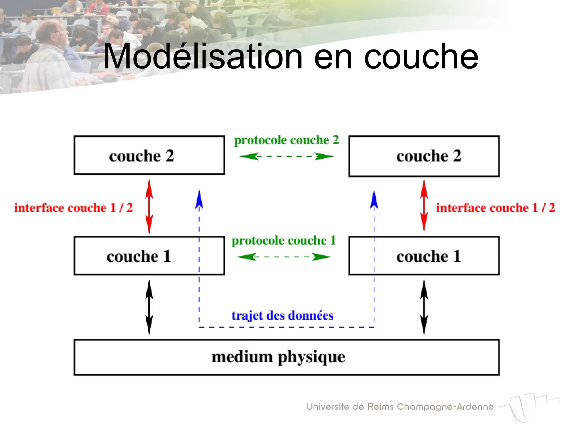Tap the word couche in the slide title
[421, 57]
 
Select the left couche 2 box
[149, 155]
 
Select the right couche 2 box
[424, 156]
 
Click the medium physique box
[286, 357]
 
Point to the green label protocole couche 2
[286, 140]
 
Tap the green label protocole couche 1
[284, 241]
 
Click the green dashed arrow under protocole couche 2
[286, 156]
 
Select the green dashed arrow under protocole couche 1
[284, 257]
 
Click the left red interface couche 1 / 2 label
[73, 208]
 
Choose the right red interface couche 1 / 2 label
[495, 208]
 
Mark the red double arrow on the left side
[149, 207]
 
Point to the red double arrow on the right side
[424, 205]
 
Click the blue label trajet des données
[282, 316]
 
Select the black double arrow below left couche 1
[149, 307]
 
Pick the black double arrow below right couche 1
[424, 307]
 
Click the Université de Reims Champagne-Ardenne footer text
[400, 407]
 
